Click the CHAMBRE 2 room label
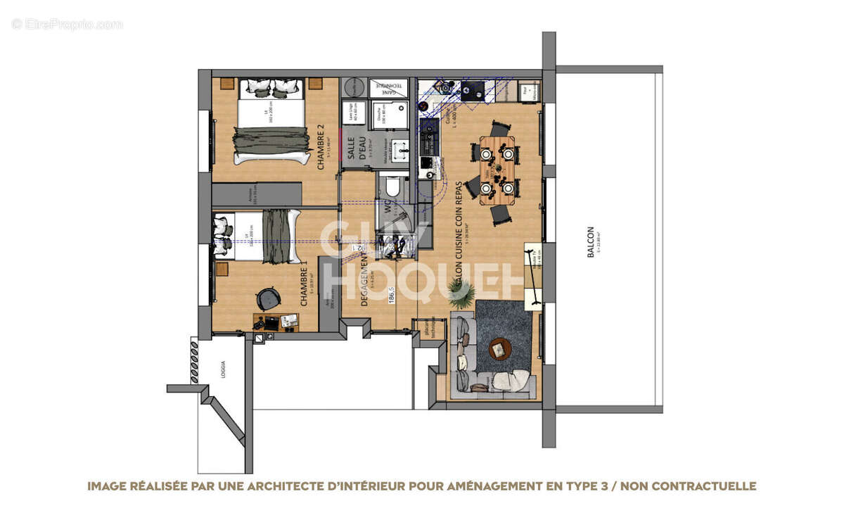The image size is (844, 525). (x=321, y=146)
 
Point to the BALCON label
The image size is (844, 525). (x=591, y=241)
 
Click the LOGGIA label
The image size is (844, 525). (x=223, y=369)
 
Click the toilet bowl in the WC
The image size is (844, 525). (x=392, y=186)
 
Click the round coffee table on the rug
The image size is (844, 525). (x=499, y=348)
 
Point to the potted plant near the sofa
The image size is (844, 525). (x=462, y=293)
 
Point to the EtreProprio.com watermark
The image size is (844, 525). (x=68, y=24)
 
